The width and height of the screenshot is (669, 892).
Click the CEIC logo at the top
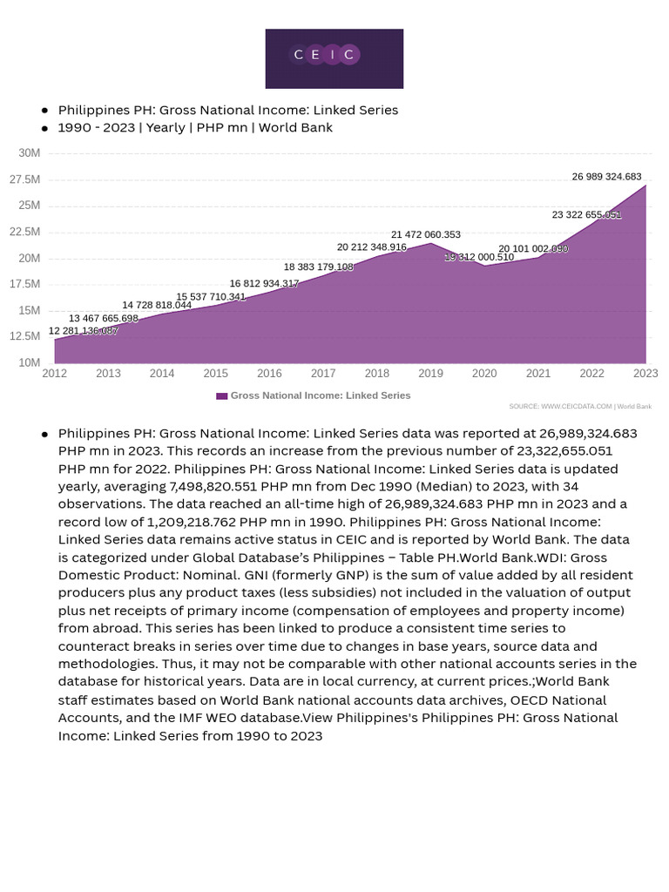pos(334,57)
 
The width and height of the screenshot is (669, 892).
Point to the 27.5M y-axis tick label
pos(24,179)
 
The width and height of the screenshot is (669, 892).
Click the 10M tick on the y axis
pos(29,362)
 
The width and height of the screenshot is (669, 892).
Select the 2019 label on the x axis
pos(430,374)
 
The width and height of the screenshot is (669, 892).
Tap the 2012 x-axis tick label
pos(54,374)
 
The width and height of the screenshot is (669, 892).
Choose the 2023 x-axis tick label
pos(645,374)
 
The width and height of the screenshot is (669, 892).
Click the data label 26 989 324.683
pos(606,177)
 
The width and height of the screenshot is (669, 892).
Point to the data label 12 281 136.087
pos(84,331)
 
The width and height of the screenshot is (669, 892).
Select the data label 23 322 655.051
pos(586,214)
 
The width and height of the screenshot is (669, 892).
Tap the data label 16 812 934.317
pos(264,284)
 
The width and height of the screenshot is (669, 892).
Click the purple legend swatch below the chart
pos(222,395)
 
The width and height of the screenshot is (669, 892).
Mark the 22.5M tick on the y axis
pos(24,232)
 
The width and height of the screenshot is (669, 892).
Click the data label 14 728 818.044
pos(157,305)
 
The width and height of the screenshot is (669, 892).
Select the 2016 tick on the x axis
pos(269,374)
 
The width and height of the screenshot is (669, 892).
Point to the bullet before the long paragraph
pos(44,434)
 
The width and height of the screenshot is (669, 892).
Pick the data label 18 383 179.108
pos(319,267)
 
